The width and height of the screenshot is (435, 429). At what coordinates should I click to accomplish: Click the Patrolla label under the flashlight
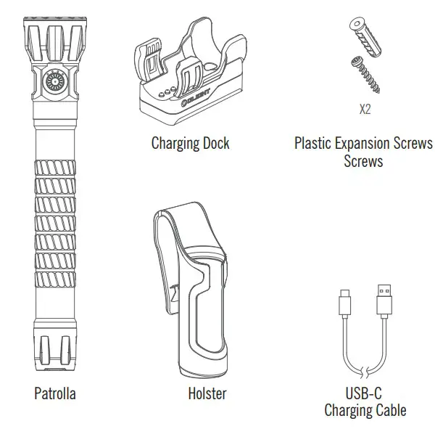pyautogui.click(x=54, y=394)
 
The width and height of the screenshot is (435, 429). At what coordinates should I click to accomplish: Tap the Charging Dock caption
pyautogui.click(x=190, y=142)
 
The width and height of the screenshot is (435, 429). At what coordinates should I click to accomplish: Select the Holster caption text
pyautogui.click(x=206, y=394)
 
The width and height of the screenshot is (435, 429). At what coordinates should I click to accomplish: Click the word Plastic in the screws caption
pyautogui.click(x=315, y=142)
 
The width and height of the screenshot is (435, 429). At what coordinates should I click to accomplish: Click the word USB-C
pyautogui.click(x=363, y=394)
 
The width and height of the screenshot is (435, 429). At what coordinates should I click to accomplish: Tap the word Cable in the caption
pyautogui.click(x=390, y=411)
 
